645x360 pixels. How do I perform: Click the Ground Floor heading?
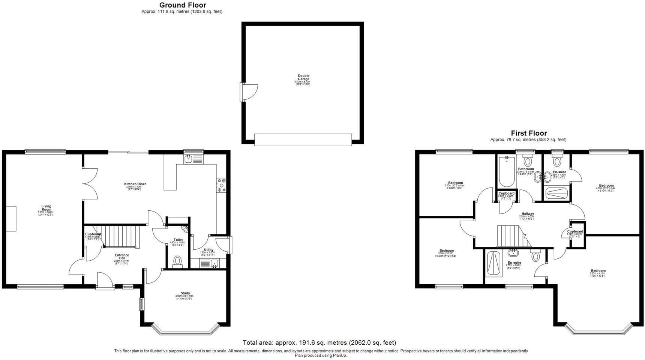183,5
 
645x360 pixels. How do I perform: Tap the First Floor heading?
529,133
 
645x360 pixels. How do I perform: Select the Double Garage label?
303,78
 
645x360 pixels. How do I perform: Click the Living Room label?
46,208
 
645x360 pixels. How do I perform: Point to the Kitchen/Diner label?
135,184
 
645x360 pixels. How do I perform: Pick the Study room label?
185,293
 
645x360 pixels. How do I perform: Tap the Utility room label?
208,250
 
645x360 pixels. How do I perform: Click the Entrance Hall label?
122,256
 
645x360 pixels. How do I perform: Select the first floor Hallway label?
527,214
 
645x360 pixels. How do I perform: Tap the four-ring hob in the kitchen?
221,185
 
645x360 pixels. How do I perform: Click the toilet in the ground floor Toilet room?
178,261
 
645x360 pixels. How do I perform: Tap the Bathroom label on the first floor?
526,169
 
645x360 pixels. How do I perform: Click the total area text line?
319,342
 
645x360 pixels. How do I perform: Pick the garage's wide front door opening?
303,139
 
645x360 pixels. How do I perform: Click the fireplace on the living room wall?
13,218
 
